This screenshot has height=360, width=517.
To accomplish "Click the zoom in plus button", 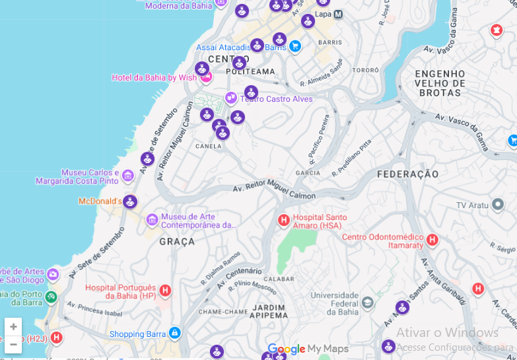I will point(13,327).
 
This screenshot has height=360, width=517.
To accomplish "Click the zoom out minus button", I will point(13,344).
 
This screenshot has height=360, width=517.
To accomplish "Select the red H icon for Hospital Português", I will point(165,291).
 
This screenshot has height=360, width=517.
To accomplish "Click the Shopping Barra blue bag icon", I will point(174,334).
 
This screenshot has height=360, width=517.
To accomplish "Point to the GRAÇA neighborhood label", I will point(177,242).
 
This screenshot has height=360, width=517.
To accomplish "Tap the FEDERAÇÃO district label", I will point(407,174).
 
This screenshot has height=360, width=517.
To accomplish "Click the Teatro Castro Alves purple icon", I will point(231,98).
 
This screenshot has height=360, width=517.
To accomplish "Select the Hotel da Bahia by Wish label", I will point(154,78).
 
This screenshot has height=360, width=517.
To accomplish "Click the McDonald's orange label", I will point(100,201).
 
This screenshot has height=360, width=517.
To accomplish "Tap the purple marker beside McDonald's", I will point(130,201).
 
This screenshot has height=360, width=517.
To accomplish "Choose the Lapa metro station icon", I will point(338,14).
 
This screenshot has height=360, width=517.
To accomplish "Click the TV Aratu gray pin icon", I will point(498,205).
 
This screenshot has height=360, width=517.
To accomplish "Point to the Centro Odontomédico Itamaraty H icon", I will point(432,240).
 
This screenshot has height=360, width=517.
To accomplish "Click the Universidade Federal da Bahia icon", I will point(368,303).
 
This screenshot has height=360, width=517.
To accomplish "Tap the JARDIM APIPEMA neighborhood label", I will point(268,311).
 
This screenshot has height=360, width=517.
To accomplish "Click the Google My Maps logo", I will point(308,349).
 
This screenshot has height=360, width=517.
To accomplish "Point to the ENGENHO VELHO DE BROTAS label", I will point(441,83).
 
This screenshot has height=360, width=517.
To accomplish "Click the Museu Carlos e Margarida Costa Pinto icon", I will point(128,176).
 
